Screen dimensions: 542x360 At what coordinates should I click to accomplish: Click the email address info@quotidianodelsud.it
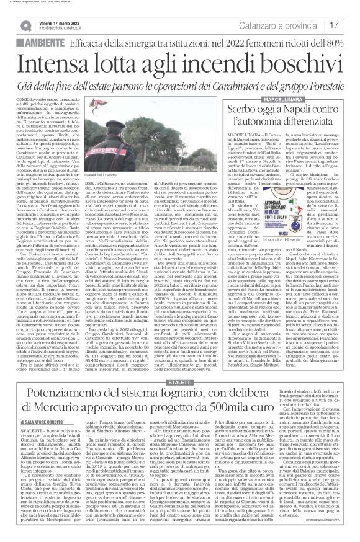[x=63, y=29]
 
